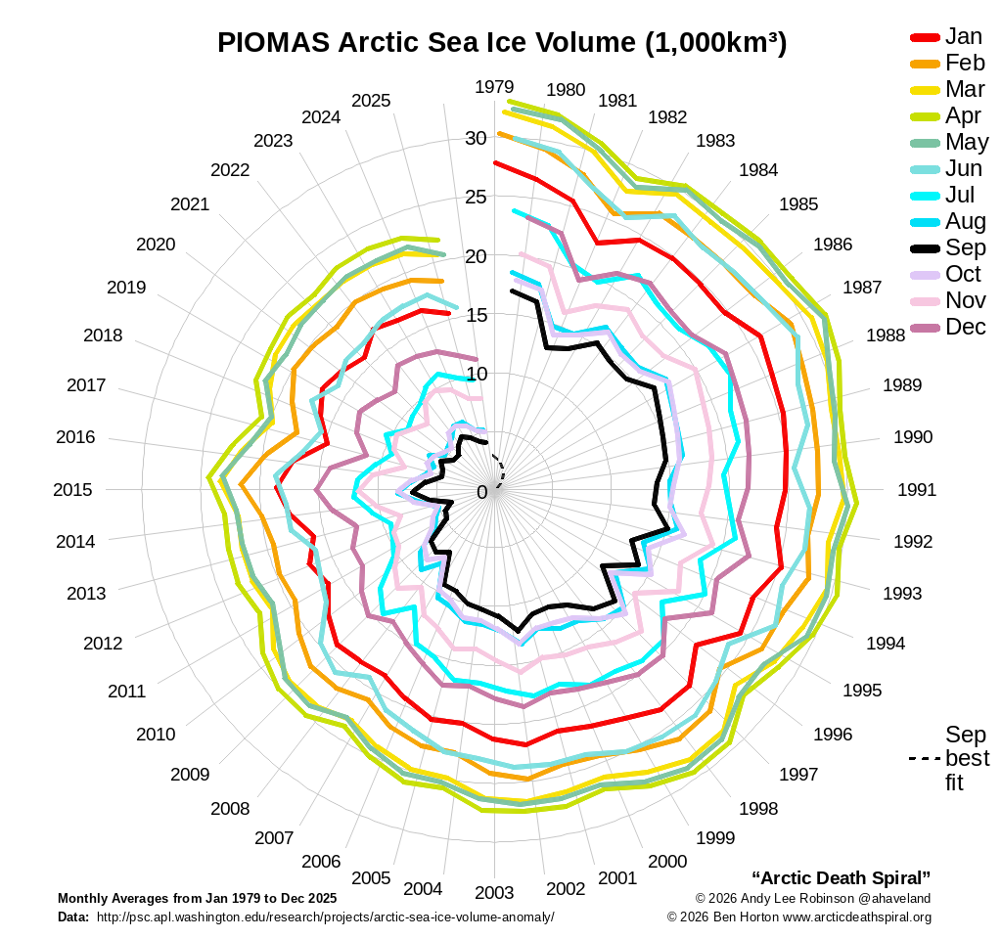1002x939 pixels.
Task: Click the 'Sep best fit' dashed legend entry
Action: point(949,759)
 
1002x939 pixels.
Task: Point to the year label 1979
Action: point(494,87)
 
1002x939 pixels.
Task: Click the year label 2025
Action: point(371,101)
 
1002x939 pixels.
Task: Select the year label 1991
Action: point(917,490)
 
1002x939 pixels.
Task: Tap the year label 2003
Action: point(494,892)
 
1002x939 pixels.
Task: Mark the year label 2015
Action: point(73,490)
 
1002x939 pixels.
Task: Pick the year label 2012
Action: point(103,644)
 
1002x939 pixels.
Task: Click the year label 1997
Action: point(798,775)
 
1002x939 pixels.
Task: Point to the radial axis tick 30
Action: point(476,139)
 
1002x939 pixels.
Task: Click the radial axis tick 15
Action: point(476,315)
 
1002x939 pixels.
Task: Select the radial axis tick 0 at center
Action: point(481,491)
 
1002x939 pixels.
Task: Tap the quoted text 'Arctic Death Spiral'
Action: point(841,876)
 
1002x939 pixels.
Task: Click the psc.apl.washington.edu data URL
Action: point(325,917)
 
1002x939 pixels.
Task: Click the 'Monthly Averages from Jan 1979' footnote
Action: point(197,898)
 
